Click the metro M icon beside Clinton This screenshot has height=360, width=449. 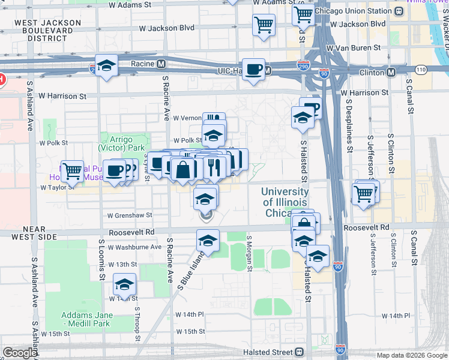point(391,72)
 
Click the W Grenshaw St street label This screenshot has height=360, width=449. point(130,215)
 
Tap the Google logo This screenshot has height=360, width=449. point(20,353)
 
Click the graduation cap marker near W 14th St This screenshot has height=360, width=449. point(124,284)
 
